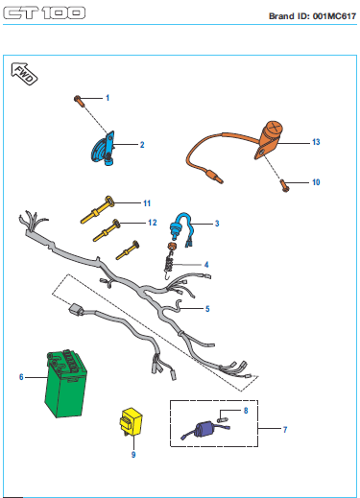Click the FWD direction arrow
click(x=24, y=74)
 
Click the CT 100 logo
click(x=44, y=13)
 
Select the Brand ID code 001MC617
click(x=334, y=16)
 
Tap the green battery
click(x=65, y=384)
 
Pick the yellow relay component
click(x=131, y=422)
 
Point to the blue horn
click(x=103, y=148)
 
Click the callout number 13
click(x=316, y=142)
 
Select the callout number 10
click(x=316, y=182)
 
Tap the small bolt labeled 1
click(x=79, y=101)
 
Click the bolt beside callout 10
click(x=284, y=185)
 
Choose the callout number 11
click(x=147, y=203)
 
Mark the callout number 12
click(x=153, y=223)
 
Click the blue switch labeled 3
click(x=181, y=229)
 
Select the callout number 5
click(x=207, y=309)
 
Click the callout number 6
click(x=21, y=377)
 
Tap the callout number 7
click(x=285, y=430)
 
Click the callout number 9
click(x=133, y=455)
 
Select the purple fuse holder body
click(x=204, y=429)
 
